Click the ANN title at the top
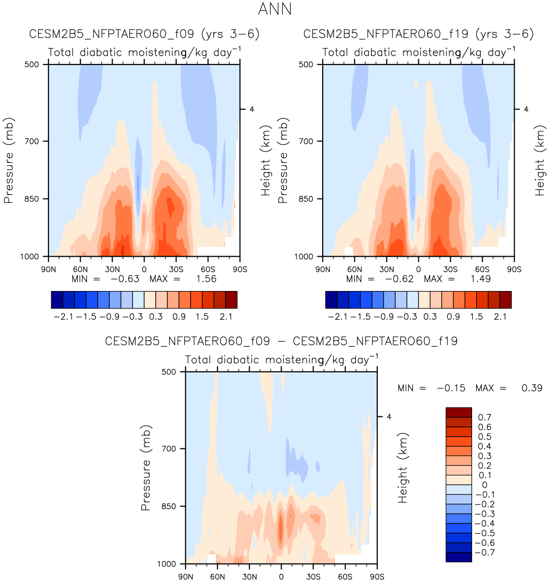275,9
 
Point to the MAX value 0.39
532,388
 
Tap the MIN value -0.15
451,388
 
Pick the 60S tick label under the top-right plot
482,269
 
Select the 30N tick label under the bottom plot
249,577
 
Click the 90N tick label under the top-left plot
48,269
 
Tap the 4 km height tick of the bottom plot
388,417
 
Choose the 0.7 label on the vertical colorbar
484,417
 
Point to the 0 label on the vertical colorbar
485,485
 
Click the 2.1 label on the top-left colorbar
226,317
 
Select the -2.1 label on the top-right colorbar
336,317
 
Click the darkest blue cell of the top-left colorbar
57,300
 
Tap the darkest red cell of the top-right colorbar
505,300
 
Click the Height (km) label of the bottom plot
403,468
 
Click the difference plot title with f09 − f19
281,341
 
